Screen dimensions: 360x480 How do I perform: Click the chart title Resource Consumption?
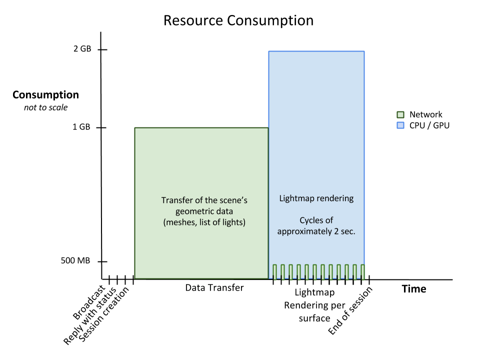[x=238, y=21]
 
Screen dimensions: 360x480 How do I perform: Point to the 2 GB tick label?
[x=82, y=49]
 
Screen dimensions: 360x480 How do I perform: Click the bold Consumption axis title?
[x=45, y=95]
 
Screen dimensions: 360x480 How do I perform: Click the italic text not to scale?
[x=45, y=107]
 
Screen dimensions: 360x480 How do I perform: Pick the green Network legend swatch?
[x=400, y=114]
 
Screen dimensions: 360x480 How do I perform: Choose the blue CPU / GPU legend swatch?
[x=400, y=125]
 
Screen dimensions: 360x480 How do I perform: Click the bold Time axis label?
[x=414, y=289]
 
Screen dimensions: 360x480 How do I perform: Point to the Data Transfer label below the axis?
[x=214, y=288]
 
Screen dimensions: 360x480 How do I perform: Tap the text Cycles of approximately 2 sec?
[x=316, y=226]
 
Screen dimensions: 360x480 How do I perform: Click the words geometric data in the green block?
[x=204, y=211]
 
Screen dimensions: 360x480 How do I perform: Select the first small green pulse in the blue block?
[x=274, y=271]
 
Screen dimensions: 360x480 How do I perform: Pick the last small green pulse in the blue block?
[x=362, y=271]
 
